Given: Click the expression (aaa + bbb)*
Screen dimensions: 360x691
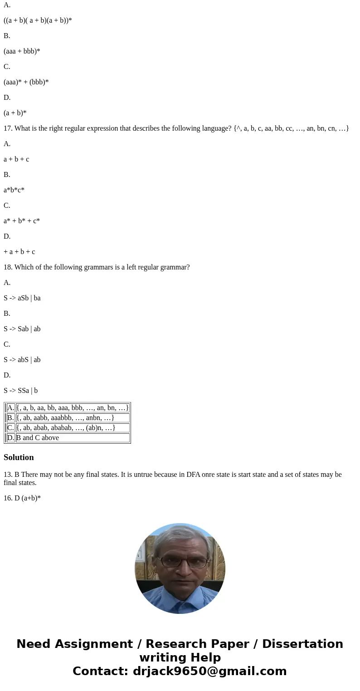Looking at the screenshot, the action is (x=22, y=51).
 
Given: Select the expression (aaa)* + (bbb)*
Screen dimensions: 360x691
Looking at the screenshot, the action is (x=26, y=82).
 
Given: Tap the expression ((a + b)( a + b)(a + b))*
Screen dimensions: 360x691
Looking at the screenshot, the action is (x=38, y=20).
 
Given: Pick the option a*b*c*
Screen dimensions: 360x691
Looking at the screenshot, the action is (x=14, y=190).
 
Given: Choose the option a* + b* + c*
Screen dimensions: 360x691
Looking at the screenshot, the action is (x=22, y=221).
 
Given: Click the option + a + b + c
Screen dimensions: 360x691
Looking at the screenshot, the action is (x=19, y=252).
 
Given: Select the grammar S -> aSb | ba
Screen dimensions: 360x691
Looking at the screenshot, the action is (x=22, y=298).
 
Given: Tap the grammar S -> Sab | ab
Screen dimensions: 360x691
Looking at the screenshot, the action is (x=22, y=329).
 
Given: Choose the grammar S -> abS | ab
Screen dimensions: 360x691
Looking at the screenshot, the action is (x=22, y=360).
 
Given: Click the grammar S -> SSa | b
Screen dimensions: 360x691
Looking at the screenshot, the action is (x=20, y=391).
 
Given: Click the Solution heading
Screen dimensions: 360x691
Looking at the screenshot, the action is (x=19, y=457).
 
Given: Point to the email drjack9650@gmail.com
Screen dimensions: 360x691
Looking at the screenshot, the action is (x=209, y=671).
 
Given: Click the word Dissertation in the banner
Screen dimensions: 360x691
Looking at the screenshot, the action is (x=302, y=644).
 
